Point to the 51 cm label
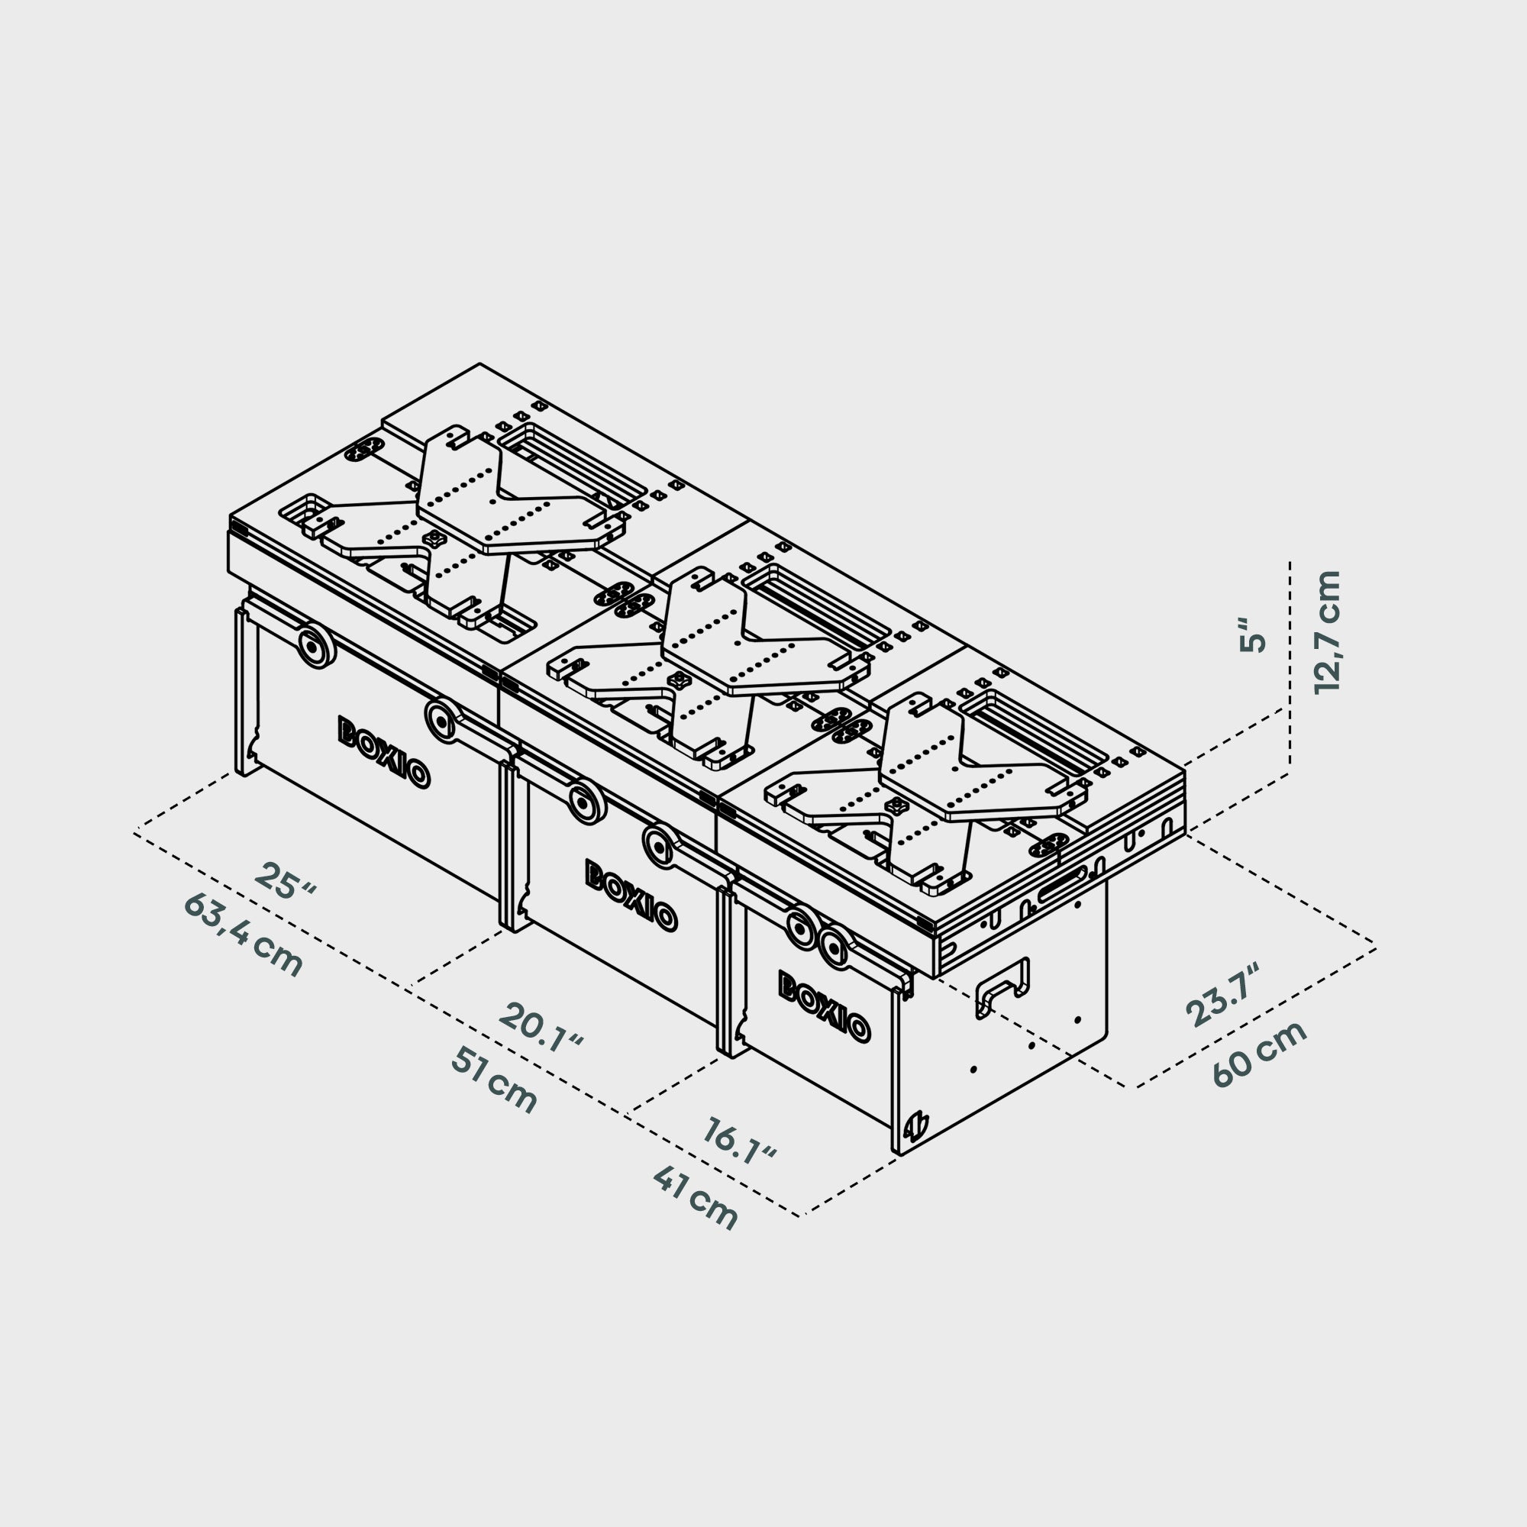click(x=494, y=1080)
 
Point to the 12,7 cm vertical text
click(x=1327, y=632)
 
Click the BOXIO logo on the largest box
click(x=384, y=753)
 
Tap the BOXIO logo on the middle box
click(x=631, y=896)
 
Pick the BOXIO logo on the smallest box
click(x=825, y=1006)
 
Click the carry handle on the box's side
click(x=1003, y=986)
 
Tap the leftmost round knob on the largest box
click(x=315, y=647)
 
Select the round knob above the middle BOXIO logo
click(x=586, y=802)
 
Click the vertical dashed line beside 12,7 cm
click(x=1290, y=664)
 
